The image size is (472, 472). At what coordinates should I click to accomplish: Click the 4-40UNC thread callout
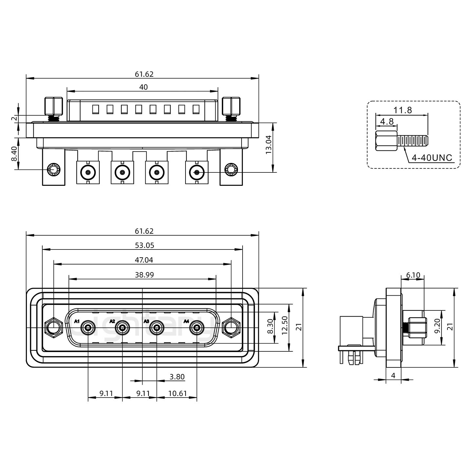pos(432,158)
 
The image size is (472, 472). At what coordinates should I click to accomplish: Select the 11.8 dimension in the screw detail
pos(403,110)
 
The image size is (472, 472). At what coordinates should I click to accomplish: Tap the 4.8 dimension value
pos(386,121)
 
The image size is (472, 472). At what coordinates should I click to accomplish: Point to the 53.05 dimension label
pos(144,245)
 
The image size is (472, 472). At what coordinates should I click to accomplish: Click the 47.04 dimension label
pos(144,260)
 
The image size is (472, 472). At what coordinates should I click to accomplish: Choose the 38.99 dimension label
pos(144,275)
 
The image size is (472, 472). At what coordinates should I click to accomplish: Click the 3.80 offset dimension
pos(177,377)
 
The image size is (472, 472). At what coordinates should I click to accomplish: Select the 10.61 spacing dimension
pos(177,393)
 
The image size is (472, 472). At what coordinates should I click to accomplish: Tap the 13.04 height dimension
pos(268,145)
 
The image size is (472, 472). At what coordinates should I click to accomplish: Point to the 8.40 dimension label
pos(14,153)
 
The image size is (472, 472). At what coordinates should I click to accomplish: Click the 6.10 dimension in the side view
pos(413,275)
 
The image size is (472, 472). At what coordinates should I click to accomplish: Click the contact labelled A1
pos(88,327)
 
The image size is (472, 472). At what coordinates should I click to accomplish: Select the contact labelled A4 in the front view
pos(197,327)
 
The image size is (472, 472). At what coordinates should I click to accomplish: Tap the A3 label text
pos(147,321)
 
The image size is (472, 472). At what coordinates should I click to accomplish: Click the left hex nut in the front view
pos(53,327)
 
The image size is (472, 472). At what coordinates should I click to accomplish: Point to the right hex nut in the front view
pos(231,327)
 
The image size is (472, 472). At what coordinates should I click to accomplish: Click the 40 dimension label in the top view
pos(144,87)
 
